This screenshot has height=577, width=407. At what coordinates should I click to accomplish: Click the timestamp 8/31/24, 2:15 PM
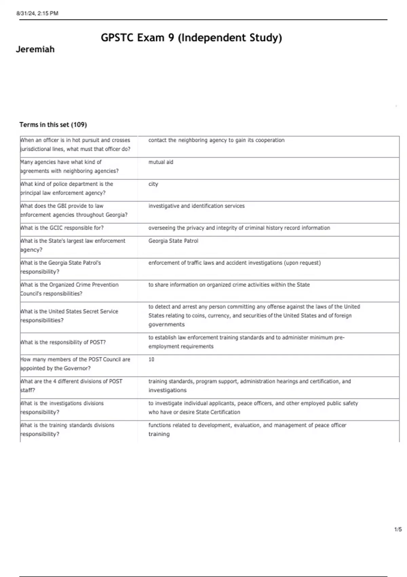pos(37,14)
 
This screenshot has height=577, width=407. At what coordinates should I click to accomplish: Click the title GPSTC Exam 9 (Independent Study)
pos(191,38)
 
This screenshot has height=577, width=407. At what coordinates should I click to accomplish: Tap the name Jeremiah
pos(35,50)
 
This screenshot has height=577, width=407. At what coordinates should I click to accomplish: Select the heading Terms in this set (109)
pos(53,125)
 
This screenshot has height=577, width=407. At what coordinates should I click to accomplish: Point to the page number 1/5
pos(398,529)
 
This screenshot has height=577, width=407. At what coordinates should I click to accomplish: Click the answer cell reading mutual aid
pos(161,162)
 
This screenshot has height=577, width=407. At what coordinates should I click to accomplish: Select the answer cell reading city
pos(153,184)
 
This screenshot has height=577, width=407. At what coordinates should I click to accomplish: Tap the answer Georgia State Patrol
pos(173,241)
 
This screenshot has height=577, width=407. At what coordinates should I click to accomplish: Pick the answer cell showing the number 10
pos(151,359)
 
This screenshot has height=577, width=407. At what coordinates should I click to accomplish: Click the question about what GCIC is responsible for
pos(62,228)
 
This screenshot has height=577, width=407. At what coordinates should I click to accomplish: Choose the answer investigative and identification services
pos(196,206)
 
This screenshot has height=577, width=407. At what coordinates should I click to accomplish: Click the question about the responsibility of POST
pos(63,342)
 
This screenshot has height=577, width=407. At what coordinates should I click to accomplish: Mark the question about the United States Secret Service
pos(69,316)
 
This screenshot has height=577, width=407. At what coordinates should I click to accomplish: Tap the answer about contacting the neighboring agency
pos(216,140)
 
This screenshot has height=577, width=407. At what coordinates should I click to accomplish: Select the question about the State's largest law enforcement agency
pos(73,245)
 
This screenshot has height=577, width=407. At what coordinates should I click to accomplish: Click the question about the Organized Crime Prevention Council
pos(69,289)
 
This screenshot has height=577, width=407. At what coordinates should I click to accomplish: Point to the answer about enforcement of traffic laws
pos(234,263)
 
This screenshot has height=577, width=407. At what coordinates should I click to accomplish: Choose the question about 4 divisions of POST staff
pos(71,386)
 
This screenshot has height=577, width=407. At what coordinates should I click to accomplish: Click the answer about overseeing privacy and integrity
pos(239,228)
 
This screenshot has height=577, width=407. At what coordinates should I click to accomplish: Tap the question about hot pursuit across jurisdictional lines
pos(75,145)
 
